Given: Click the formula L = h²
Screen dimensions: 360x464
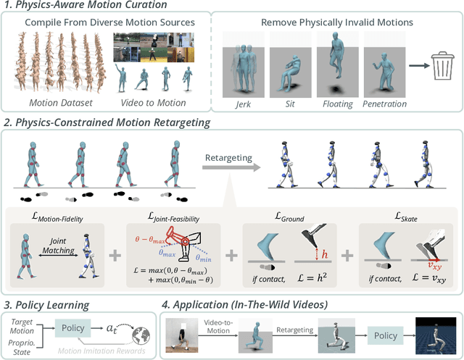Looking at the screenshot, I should [318, 279].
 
